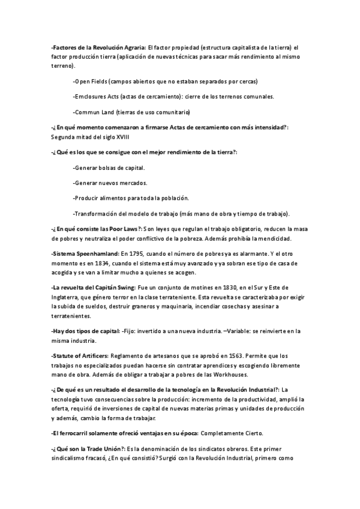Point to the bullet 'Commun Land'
131,112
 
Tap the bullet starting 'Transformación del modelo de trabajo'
181,214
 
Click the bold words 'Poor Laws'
122,229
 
